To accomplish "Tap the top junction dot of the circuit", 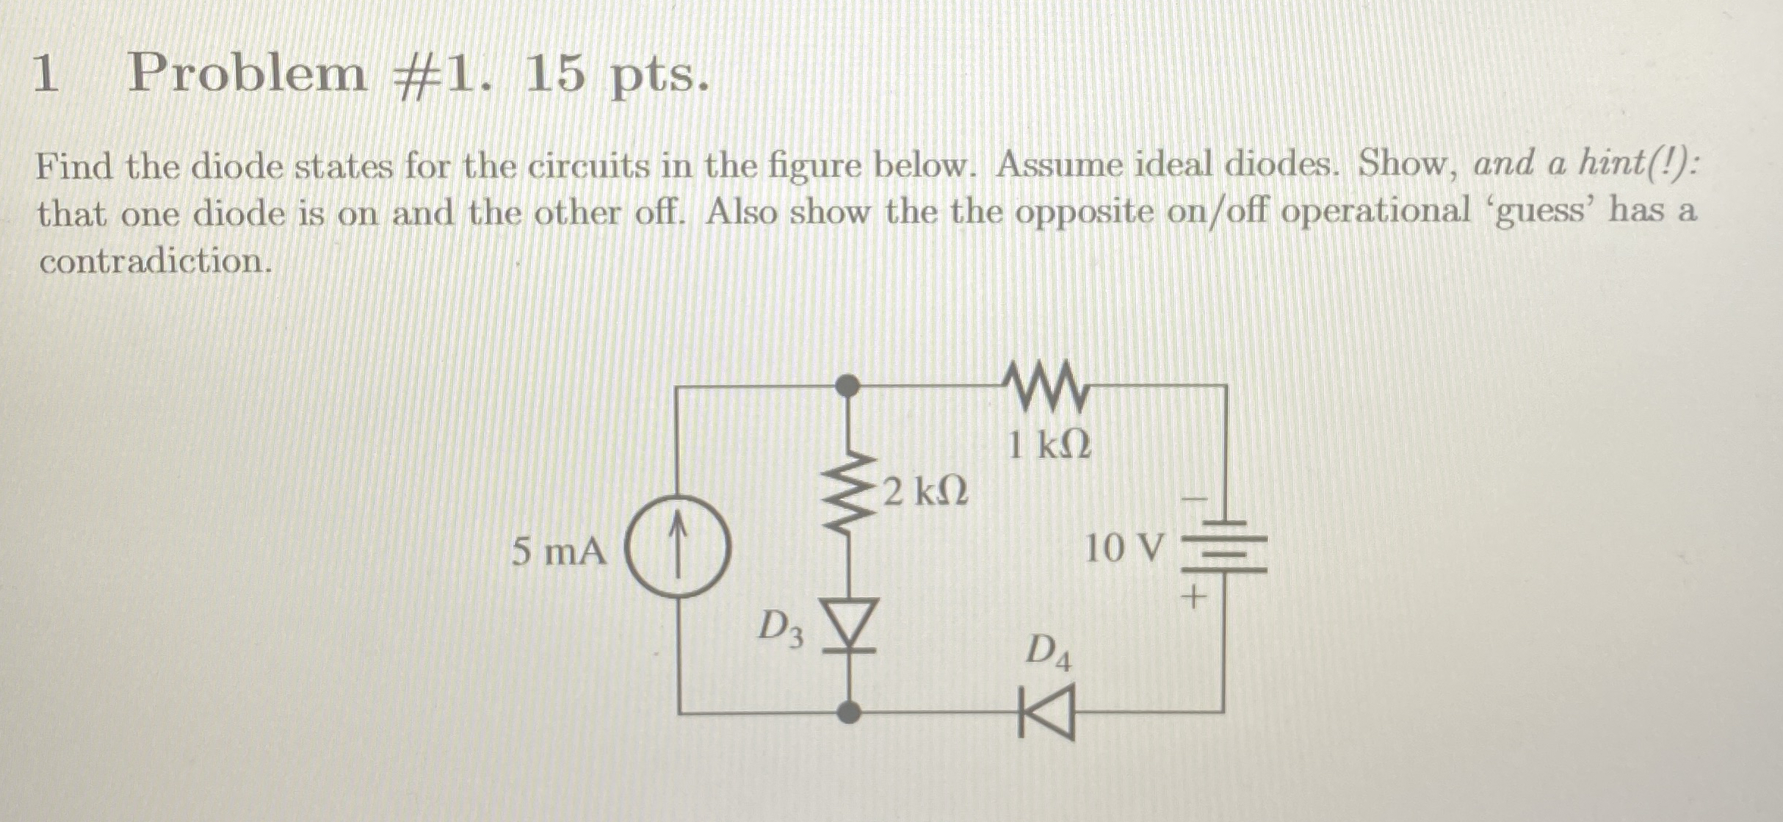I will tap(848, 384).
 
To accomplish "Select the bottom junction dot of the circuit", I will tap(849, 711).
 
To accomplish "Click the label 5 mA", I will tap(559, 551).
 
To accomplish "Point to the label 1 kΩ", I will tap(1049, 444).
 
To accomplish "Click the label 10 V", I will tap(1124, 548).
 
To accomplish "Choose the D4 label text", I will tap(1048, 652).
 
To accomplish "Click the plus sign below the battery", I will tap(1193, 596).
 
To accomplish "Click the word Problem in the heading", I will tap(247, 74).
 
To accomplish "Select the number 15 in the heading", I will tap(554, 74).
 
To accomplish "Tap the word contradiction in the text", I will tap(155, 262).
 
